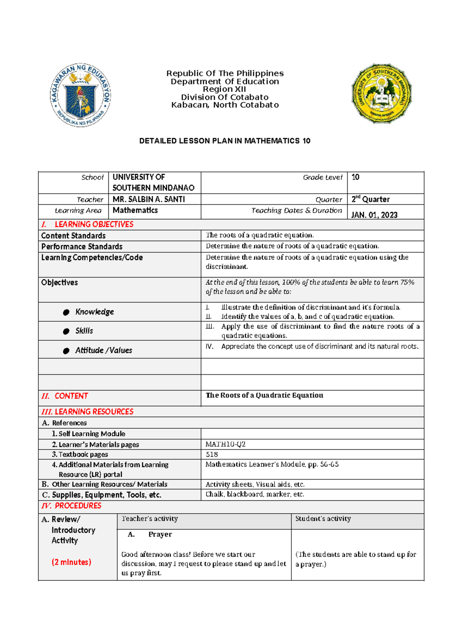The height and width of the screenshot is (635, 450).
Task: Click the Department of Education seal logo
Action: tap(80, 95)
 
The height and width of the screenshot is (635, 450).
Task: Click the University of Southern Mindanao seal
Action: tap(381, 94)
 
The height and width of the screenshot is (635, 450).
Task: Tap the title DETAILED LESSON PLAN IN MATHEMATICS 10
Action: tap(225, 141)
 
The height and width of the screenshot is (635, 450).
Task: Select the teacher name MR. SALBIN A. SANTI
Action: tap(148, 200)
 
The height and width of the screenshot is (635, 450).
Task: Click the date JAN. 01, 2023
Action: tap(374, 215)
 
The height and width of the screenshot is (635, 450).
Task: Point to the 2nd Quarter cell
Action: tap(370, 200)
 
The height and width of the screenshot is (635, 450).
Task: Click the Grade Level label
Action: tap(322, 177)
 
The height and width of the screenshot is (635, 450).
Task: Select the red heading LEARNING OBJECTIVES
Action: tap(94, 224)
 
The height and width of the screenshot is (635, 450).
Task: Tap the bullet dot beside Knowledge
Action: tap(66, 312)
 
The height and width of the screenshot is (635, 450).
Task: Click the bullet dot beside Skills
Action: tap(66, 331)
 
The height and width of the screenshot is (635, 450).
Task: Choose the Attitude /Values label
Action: tap(103, 350)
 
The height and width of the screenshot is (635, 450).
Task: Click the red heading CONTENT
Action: tap(71, 396)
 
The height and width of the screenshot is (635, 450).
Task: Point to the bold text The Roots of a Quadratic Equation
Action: tap(264, 395)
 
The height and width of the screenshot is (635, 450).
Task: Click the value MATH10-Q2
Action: tap(225, 444)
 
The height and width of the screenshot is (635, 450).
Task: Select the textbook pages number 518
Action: tap(211, 455)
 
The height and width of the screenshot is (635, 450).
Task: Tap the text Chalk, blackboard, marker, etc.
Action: tap(255, 494)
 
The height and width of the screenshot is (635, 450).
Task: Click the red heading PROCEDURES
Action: tap(78, 506)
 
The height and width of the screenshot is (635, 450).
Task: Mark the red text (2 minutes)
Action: tap(71, 562)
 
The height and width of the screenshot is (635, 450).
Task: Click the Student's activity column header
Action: tap(323, 519)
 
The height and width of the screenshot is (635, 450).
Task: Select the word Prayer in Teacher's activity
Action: tap(160, 535)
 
